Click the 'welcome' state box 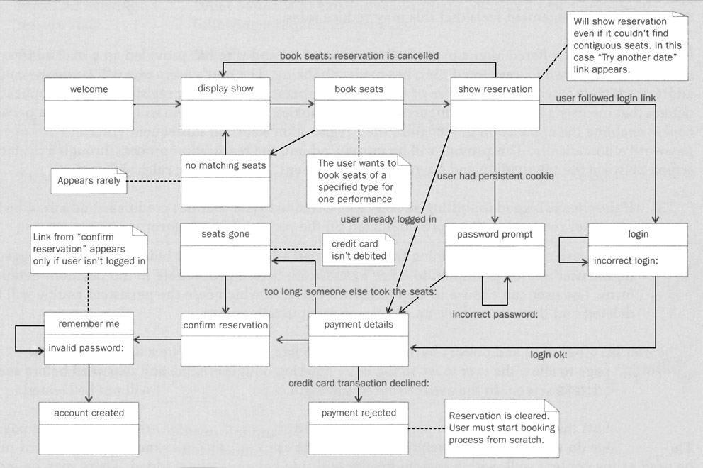(x=89, y=104)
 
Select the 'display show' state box (x=225, y=104)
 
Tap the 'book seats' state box (x=359, y=104)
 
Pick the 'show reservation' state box (x=495, y=104)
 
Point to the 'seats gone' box (x=225, y=249)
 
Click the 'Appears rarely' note (x=89, y=181)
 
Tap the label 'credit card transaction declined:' (x=359, y=384)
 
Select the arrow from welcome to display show (x=157, y=104)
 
